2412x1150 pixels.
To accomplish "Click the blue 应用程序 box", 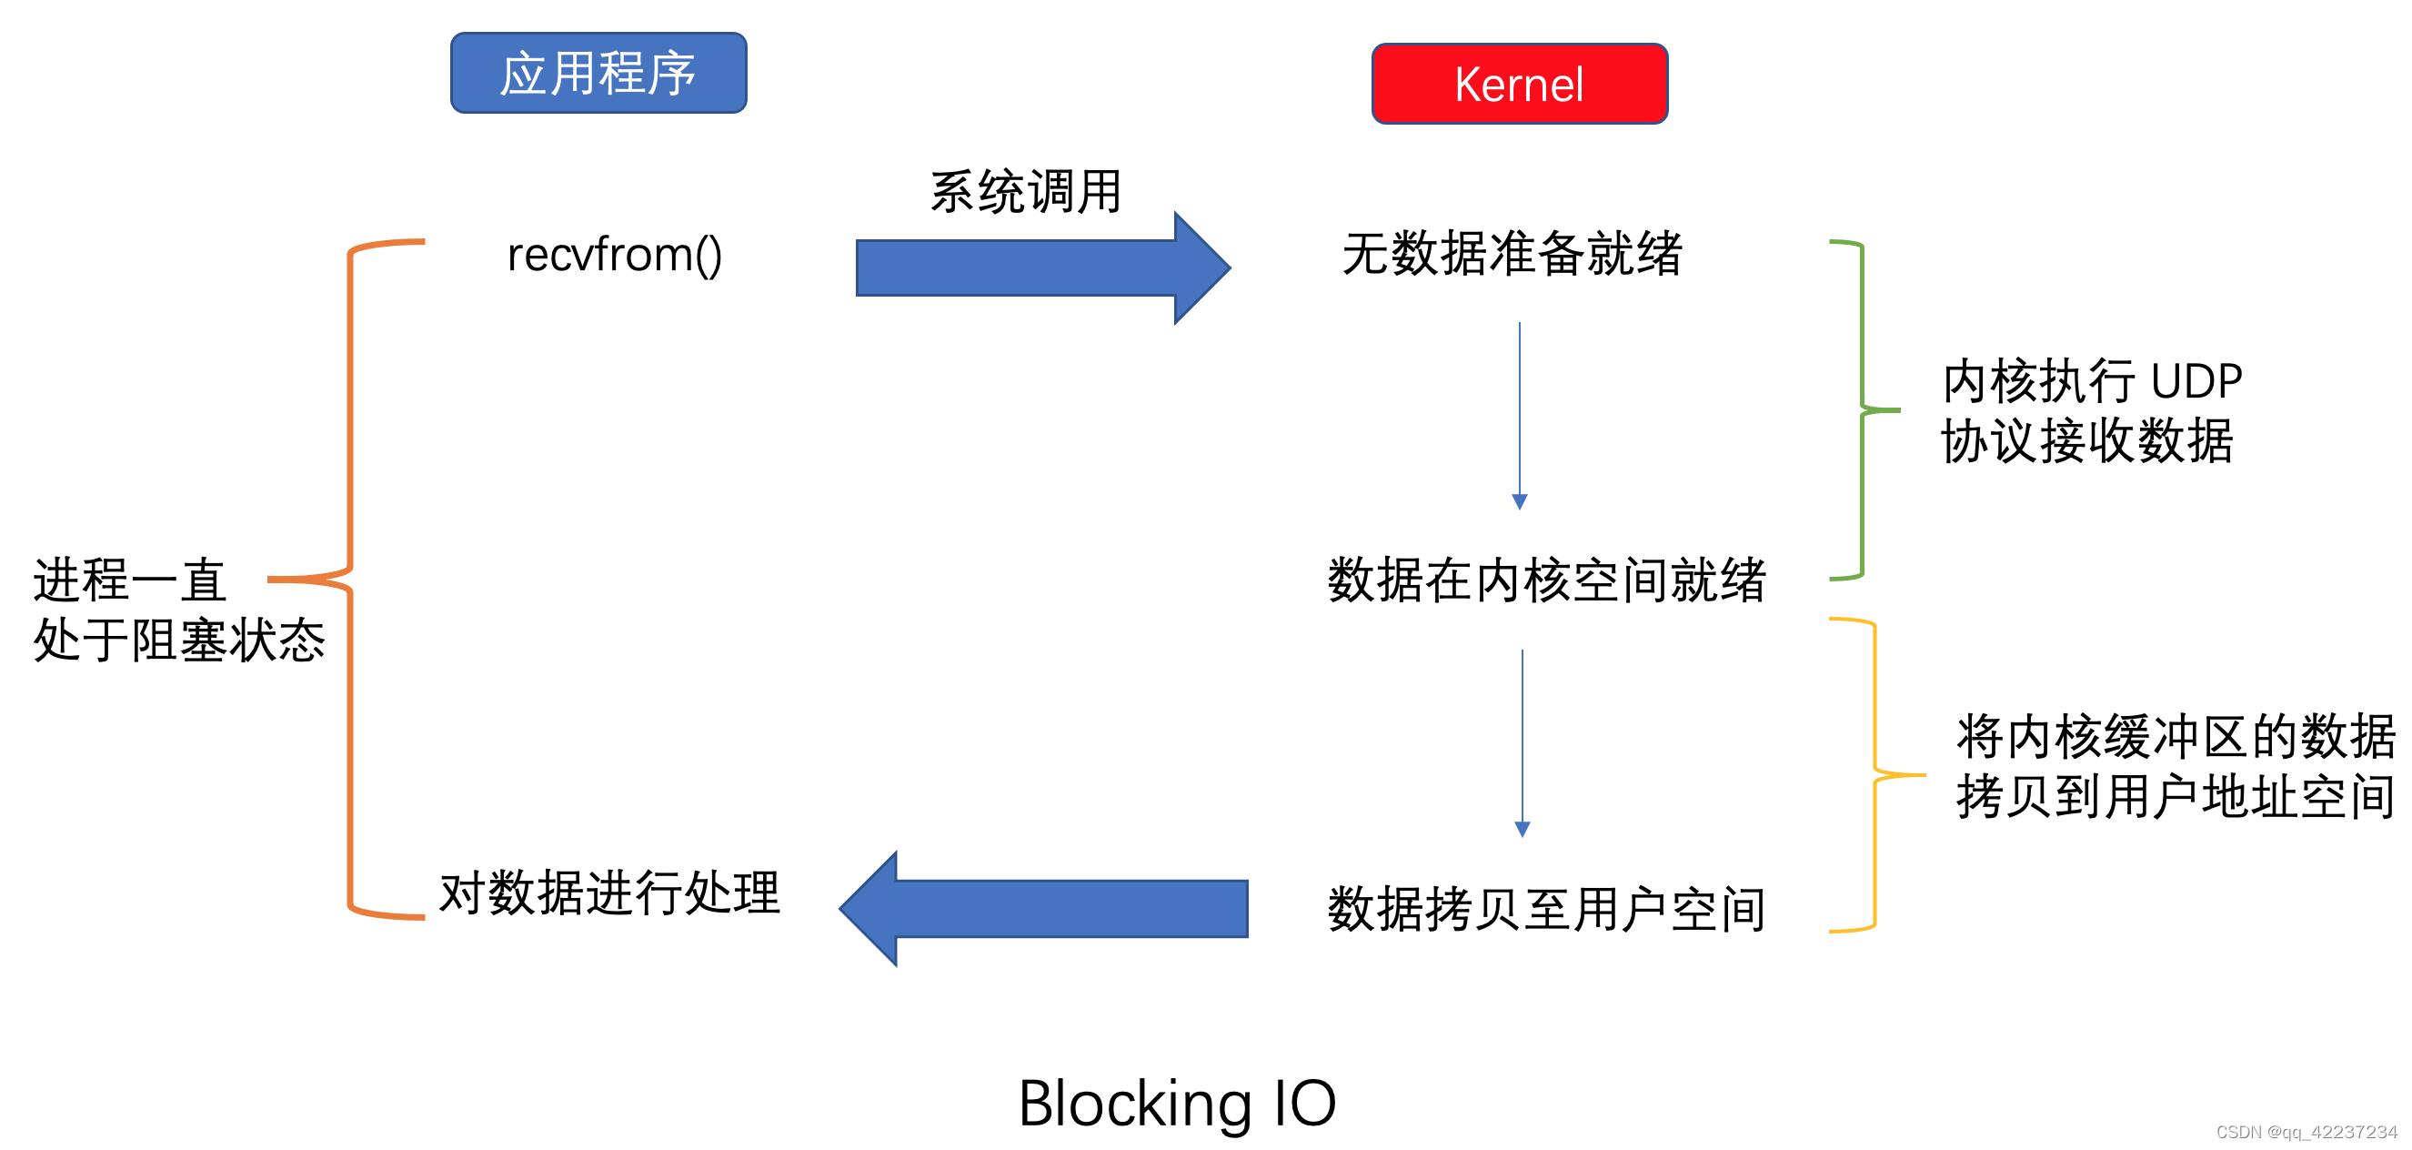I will point(598,73).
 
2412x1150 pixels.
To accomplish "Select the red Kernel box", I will point(1519,84).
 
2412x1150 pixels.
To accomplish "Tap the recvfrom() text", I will point(614,255).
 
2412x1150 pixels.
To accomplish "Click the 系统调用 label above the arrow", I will point(1025,192).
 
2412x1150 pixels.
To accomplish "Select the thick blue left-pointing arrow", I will point(1044,907).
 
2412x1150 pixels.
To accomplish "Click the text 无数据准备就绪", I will point(1512,254).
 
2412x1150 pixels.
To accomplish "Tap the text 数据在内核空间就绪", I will point(1546,580).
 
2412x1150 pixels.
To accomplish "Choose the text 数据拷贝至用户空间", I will point(1546,909).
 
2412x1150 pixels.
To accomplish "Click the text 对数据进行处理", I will point(609,892).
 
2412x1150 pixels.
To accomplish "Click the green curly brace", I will point(1862,410).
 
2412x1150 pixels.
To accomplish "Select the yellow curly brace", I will point(1874,775).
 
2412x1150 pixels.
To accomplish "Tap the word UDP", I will point(2196,382).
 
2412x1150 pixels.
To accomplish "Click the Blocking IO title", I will point(1176,1103).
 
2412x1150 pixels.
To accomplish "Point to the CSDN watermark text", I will point(2306,1131).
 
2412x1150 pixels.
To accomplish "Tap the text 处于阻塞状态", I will point(179,641).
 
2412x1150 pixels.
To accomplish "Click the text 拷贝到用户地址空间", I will point(2175,797).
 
